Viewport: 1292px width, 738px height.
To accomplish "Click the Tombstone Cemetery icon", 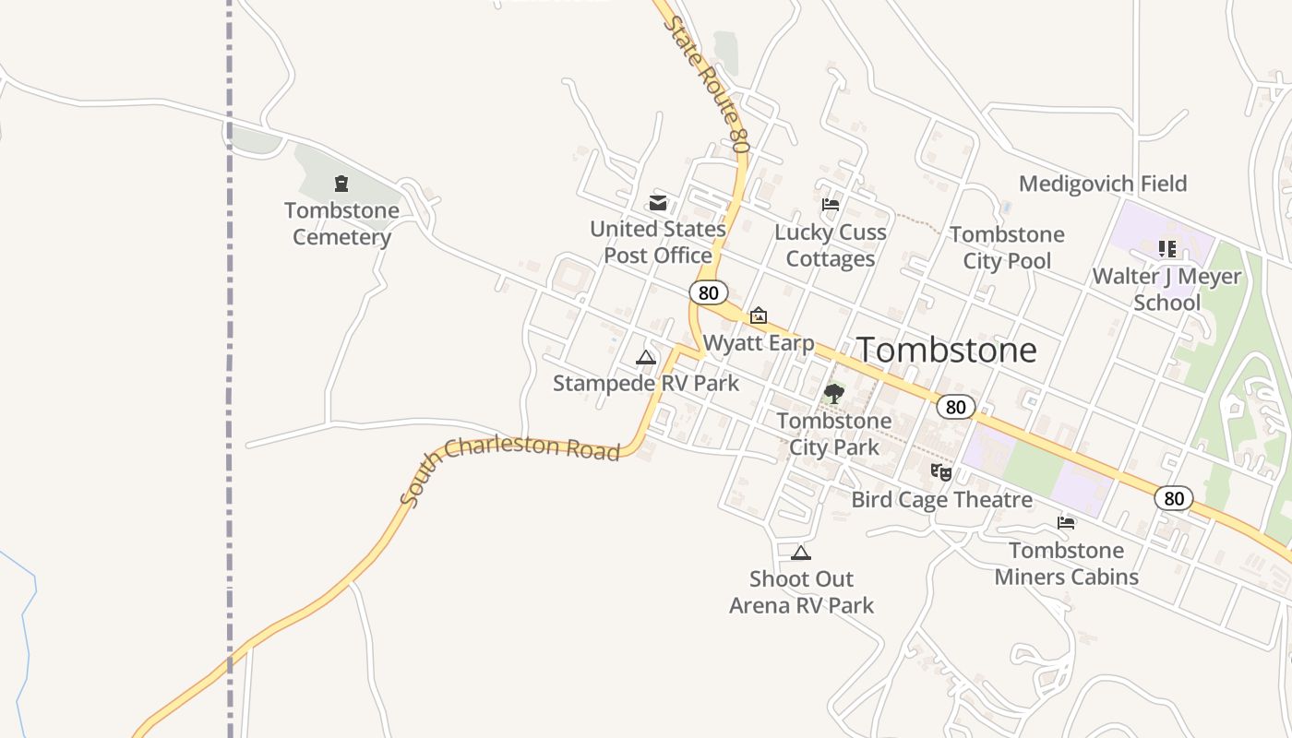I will [341, 184].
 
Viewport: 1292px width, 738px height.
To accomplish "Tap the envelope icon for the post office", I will [658, 203].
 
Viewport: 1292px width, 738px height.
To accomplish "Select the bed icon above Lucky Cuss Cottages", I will [831, 205].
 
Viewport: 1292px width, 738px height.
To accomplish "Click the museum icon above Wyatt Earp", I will [759, 316].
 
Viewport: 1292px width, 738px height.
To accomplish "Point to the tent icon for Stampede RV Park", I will [646, 357].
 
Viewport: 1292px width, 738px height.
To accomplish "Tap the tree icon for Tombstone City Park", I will [834, 394].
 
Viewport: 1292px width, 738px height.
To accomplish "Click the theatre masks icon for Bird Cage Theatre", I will [941, 472].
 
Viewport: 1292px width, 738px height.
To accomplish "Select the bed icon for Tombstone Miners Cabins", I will [1067, 523].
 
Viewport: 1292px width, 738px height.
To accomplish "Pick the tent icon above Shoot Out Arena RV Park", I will [801, 553].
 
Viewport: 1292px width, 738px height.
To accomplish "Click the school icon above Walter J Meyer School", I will [1167, 249].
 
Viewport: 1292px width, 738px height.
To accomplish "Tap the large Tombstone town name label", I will [947, 351].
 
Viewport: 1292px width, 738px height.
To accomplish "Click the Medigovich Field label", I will [1103, 184].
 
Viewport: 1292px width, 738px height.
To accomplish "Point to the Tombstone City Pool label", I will [1007, 247].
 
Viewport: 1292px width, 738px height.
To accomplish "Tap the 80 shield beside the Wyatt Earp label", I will [708, 292].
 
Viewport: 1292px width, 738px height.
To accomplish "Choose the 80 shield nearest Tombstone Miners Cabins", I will [1173, 499].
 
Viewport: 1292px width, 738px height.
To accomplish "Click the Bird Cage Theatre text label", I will [941, 500].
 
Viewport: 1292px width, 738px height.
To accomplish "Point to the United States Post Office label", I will [658, 242].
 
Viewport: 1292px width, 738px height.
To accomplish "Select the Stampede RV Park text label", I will [646, 382].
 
